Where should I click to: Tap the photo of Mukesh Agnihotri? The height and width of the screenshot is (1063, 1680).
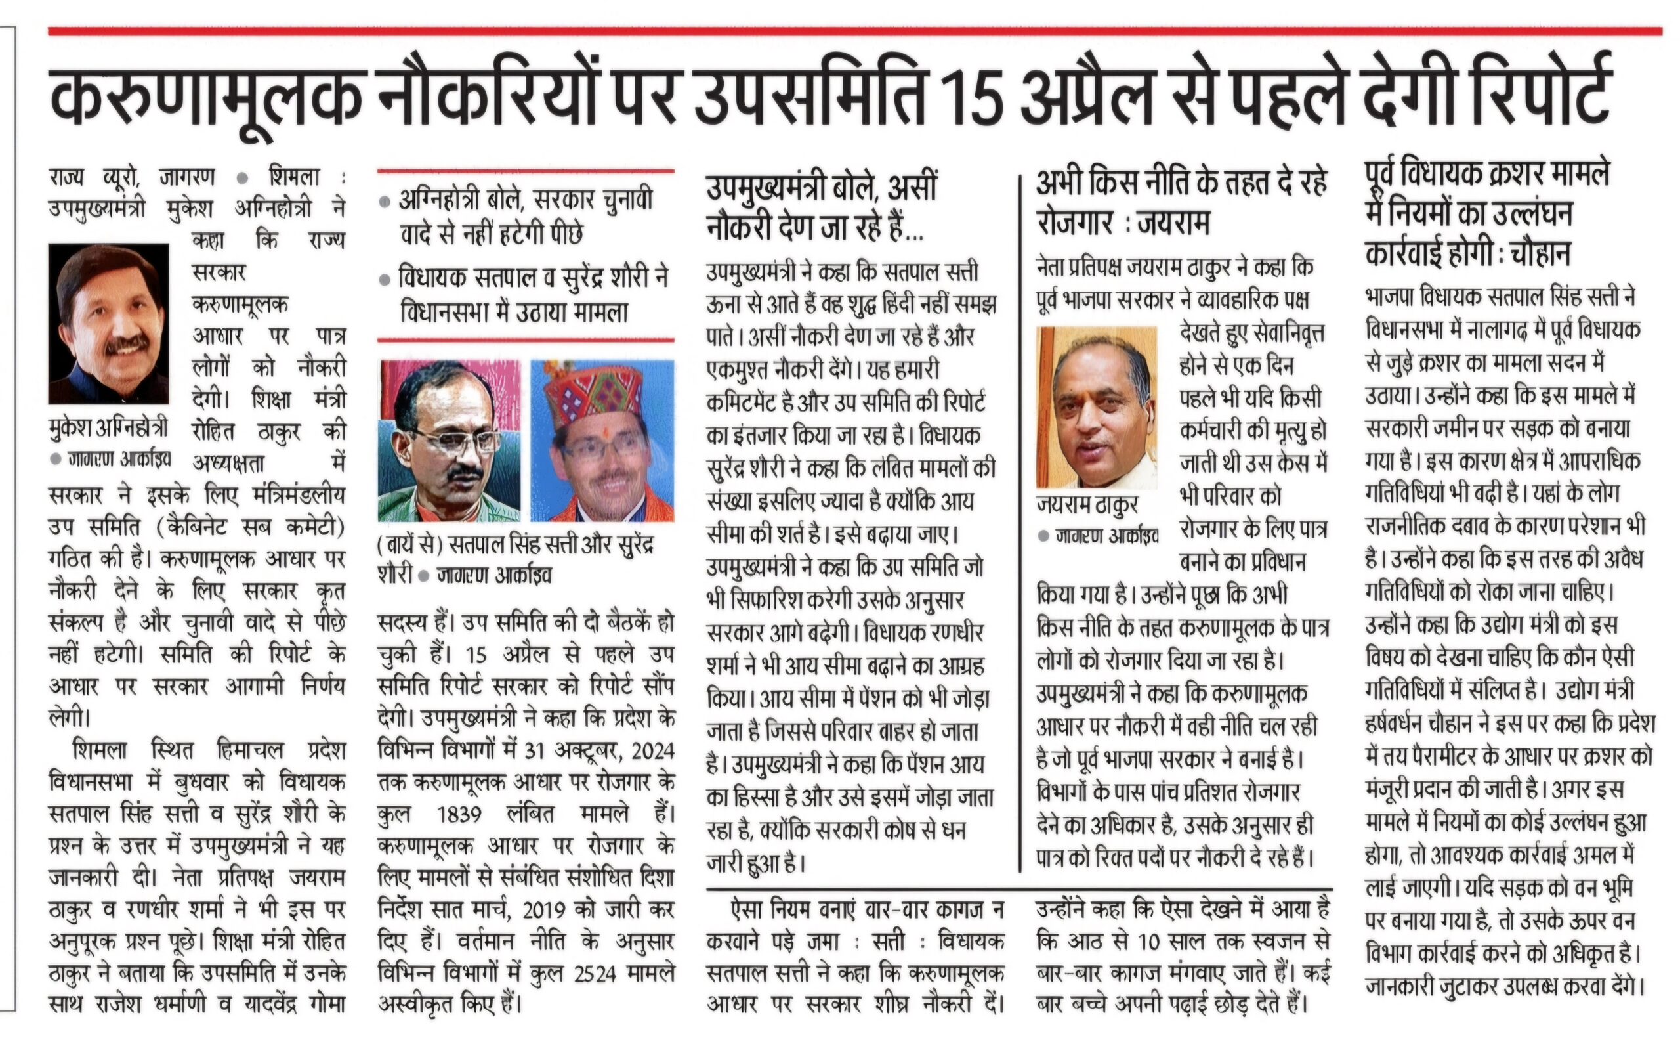pyautogui.click(x=108, y=324)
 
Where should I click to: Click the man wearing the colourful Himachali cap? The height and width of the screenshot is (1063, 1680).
pyautogui.click(x=602, y=441)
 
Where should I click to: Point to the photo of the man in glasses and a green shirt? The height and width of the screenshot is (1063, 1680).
pyautogui.click(x=450, y=441)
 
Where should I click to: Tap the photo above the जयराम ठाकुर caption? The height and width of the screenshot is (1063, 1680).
pyautogui.click(x=1096, y=408)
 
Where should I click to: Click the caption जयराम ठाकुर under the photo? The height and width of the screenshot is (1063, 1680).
pyautogui.click(x=1087, y=505)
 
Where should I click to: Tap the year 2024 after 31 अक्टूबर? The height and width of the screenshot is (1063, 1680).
pyautogui.click(x=652, y=751)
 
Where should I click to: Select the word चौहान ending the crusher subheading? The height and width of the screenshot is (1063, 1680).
pyautogui.click(x=1540, y=254)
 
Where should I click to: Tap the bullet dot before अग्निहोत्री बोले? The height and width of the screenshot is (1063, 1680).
pyautogui.click(x=385, y=202)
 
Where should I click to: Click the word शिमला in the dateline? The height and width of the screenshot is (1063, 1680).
pyautogui.click(x=295, y=177)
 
